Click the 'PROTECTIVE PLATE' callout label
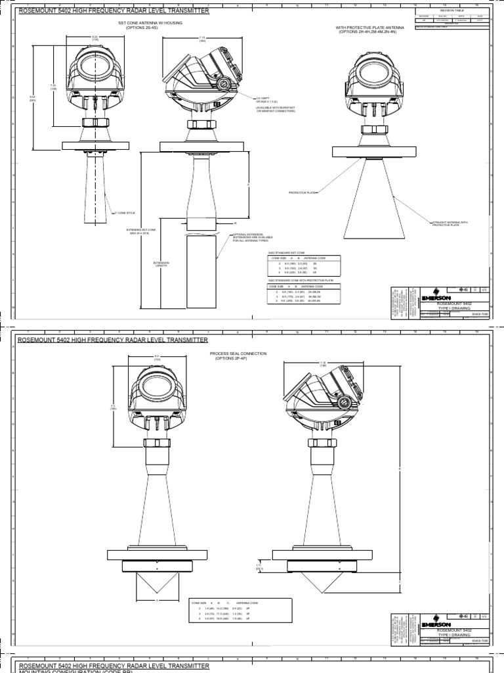pyautogui.click(x=303, y=193)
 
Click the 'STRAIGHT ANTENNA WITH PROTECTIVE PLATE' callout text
pyautogui.click(x=450, y=223)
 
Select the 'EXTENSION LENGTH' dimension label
pyautogui.click(x=161, y=264)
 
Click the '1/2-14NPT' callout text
pyautogui.click(x=265, y=99)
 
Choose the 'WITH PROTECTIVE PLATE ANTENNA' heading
pyautogui.click(x=371, y=29)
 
